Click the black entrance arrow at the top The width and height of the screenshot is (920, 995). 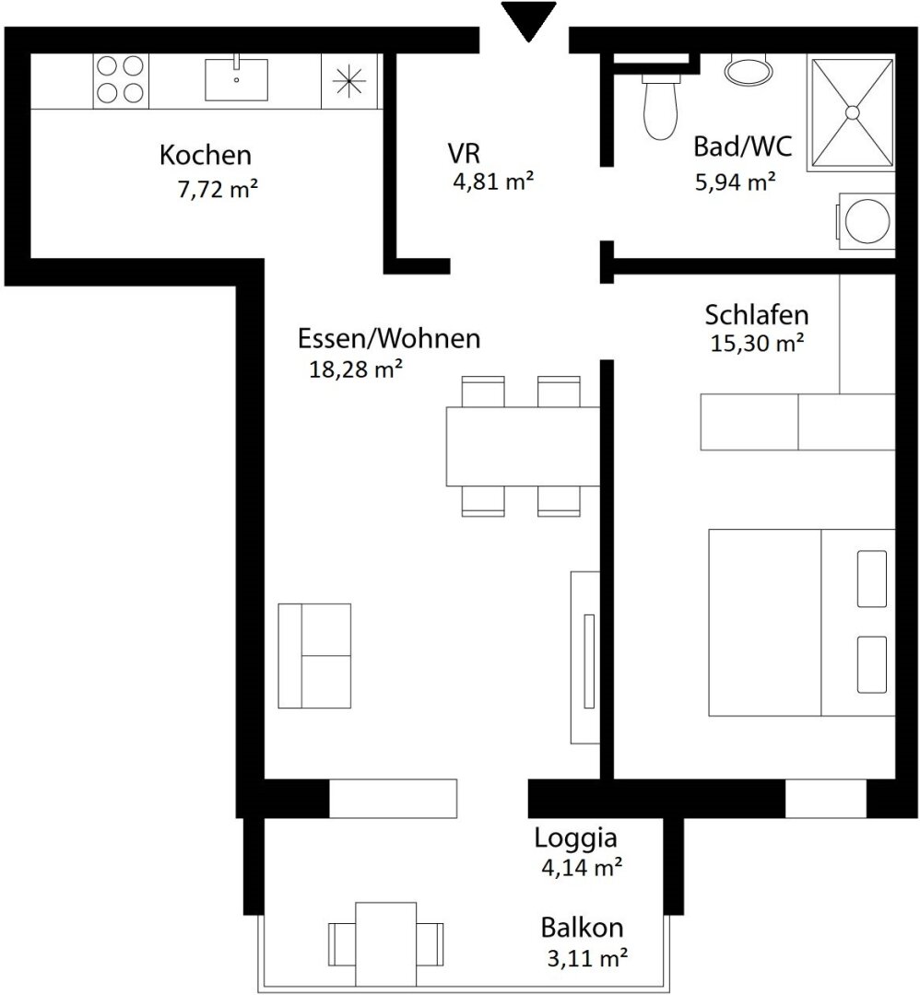coord(528,19)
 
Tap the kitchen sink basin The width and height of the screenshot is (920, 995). coord(236,79)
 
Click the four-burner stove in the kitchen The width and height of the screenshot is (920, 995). coord(120,80)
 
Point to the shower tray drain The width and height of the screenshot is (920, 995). coord(852,112)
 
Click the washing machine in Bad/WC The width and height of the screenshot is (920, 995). coord(866,221)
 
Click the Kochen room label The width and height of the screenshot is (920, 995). coord(205,155)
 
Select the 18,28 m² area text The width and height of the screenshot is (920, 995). coord(356,369)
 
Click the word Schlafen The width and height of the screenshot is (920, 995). coord(756,315)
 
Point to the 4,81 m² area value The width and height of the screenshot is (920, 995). coord(492,181)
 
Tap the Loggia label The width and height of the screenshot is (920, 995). coord(575,838)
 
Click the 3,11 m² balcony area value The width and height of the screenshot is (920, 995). coord(587,957)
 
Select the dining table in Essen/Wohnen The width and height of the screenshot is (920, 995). coord(523,446)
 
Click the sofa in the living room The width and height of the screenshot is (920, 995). coord(314,656)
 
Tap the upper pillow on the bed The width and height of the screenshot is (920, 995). coord(872,579)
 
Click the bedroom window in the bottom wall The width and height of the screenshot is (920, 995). coord(825,798)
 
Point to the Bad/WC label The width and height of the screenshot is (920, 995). coord(742,146)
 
